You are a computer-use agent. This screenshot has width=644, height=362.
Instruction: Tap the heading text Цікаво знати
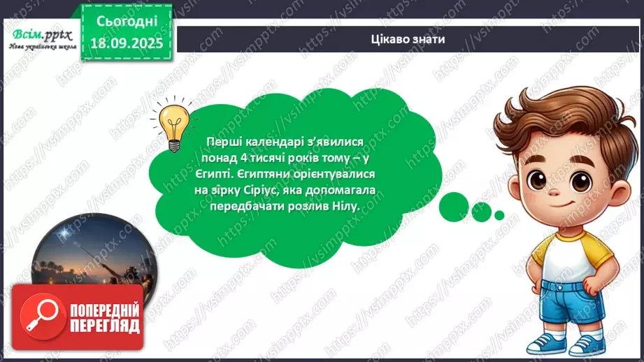click(408, 39)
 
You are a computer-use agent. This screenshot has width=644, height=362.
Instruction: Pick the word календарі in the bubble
click(267, 142)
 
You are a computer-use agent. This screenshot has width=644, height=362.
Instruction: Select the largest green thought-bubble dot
click(453, 203)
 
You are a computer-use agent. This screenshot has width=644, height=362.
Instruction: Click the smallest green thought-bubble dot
click(498, 215)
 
